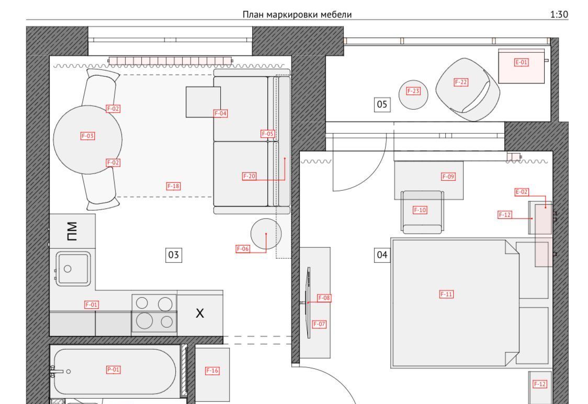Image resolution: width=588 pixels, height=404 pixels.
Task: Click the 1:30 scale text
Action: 559,15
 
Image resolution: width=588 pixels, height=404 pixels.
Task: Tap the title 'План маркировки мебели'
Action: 297,15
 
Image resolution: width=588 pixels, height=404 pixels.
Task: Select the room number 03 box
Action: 174,255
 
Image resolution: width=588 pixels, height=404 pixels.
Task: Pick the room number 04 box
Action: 382,255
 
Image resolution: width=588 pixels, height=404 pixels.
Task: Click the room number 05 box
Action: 382,104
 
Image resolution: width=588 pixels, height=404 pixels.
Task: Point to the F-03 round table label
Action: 88,136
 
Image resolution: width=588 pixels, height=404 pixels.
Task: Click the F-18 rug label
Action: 173,186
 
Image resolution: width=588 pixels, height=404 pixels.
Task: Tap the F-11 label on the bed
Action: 446,294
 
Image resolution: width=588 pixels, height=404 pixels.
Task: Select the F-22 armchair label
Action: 461,83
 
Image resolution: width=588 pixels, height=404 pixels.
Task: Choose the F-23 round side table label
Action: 413,91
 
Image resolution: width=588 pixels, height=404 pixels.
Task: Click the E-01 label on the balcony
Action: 521,62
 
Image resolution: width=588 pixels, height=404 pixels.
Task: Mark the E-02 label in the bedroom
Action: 522,192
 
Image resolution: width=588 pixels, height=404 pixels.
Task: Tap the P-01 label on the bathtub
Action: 113,370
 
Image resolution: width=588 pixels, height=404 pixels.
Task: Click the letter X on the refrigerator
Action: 200,313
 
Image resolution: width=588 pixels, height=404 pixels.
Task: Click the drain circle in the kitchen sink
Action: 67,269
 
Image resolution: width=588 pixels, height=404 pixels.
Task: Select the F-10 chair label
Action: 420,210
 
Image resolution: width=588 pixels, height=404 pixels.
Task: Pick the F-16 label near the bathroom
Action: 212,371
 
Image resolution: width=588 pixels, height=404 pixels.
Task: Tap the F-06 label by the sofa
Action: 243,249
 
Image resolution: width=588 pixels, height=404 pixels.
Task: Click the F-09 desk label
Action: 448,177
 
